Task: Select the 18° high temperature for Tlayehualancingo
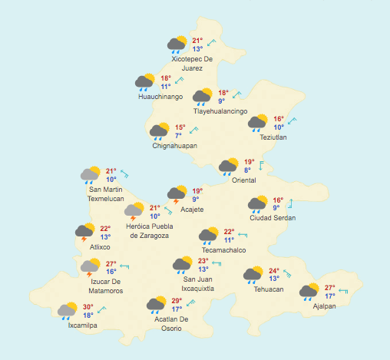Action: click(222, 93)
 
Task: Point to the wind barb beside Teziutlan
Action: click(292, 121)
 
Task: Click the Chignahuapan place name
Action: click(174, 145)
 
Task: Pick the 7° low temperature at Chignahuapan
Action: click(178, 135)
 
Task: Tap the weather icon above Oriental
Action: click(229, 166)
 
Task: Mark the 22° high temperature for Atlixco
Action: click(105, 229)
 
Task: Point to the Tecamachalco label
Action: click(223, 250)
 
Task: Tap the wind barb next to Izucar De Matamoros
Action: click(124, 267)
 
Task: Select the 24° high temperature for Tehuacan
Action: click(273, 271)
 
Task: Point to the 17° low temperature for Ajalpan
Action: click(329, 296)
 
